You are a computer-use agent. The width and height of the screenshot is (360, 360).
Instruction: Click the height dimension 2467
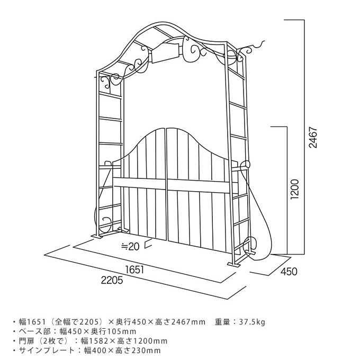pos(313,137)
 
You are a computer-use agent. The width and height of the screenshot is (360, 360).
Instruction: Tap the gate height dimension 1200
pos(295,190)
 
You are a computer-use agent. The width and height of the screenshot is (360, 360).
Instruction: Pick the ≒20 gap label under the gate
pos(130,246)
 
